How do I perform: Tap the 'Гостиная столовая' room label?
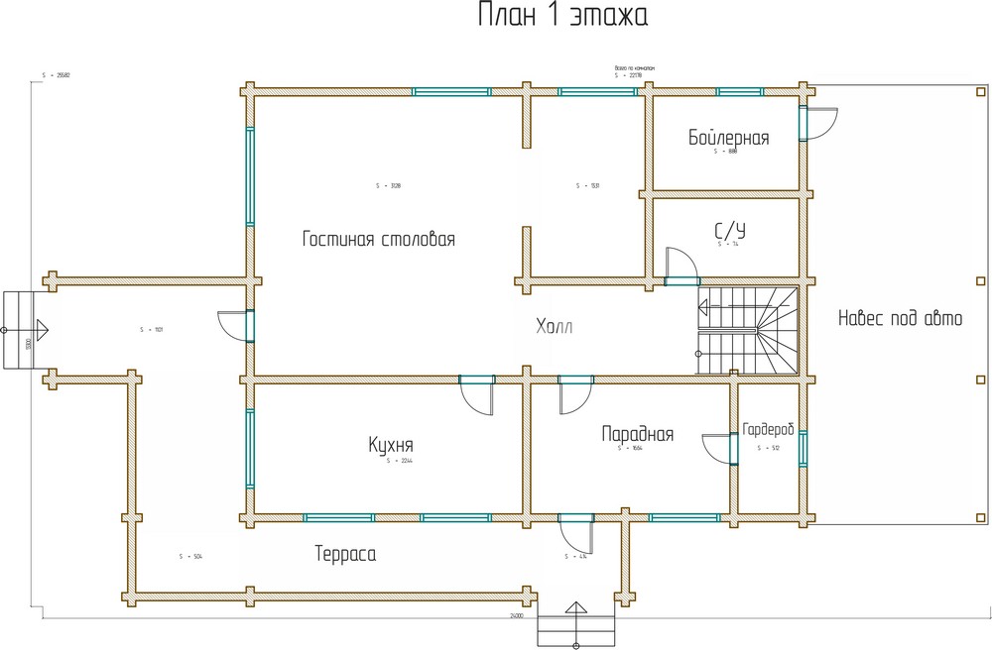coord(379,240)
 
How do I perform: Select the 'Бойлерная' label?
coord(729,138)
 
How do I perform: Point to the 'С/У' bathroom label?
coord(729,231)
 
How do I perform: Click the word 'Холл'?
coord(555,326)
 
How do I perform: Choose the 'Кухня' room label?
coord(390,445)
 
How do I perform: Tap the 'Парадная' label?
coord(638,434)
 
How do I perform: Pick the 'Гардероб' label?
coord(769,429)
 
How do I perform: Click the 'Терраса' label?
coord(345,554)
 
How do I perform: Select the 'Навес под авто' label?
coord(900,319)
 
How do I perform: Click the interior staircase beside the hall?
coord(750,331)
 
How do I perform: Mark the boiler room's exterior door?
coord(819,124)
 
